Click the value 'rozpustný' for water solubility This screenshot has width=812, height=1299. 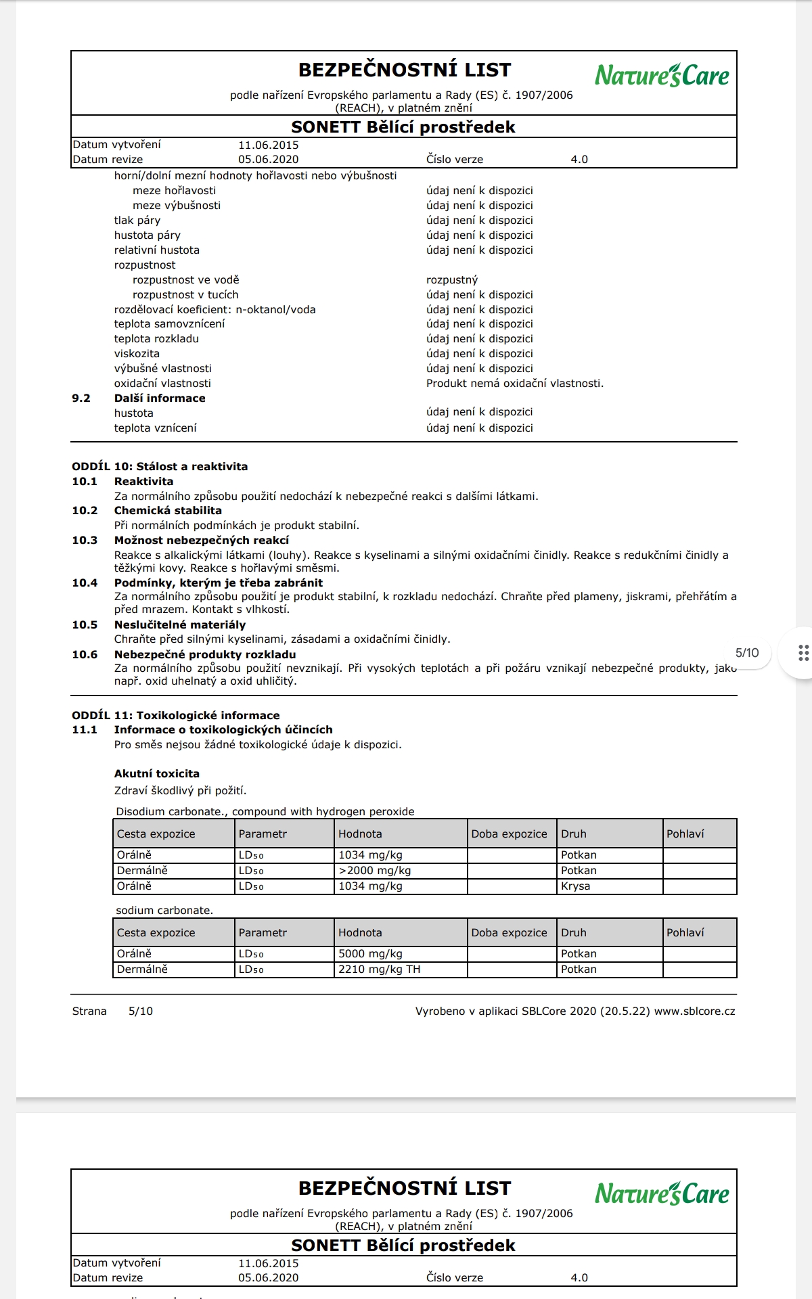point(452,280)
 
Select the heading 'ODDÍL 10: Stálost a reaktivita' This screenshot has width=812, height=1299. point(160,466)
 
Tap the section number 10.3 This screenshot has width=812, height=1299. point(85,540)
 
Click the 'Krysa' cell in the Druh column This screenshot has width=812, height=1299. point(575,886)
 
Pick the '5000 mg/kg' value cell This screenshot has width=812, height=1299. point(370,954)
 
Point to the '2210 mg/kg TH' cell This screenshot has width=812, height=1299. point(379,970)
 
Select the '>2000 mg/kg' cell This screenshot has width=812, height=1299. point(374,871)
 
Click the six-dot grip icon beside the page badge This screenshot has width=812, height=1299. point(803,653)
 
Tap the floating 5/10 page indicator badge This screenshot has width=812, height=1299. point(747,653)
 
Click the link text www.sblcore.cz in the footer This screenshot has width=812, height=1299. point(694,1011)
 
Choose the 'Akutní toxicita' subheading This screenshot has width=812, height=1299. point(157,773)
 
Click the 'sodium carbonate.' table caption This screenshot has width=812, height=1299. point(164,911)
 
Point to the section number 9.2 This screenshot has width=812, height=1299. point(81,398)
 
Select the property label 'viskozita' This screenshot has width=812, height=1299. point(137,354)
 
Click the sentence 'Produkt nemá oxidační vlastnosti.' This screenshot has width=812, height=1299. point(514,384)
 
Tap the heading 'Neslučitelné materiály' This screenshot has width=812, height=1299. point(180,624)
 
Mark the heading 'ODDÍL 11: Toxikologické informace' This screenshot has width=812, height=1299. point(176,715)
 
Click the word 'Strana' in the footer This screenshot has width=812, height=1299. point(89,1011)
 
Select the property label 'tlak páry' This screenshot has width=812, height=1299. point(137,221)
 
